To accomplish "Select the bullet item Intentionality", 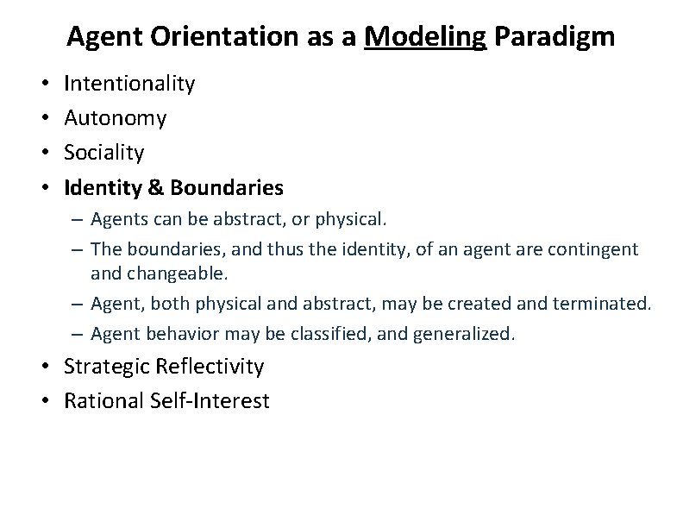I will (129, 84).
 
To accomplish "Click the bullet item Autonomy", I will (116, 118).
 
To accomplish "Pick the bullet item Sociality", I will (104, 153).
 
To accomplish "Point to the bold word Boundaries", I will (226, 187).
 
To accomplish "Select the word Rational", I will (100, 401).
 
